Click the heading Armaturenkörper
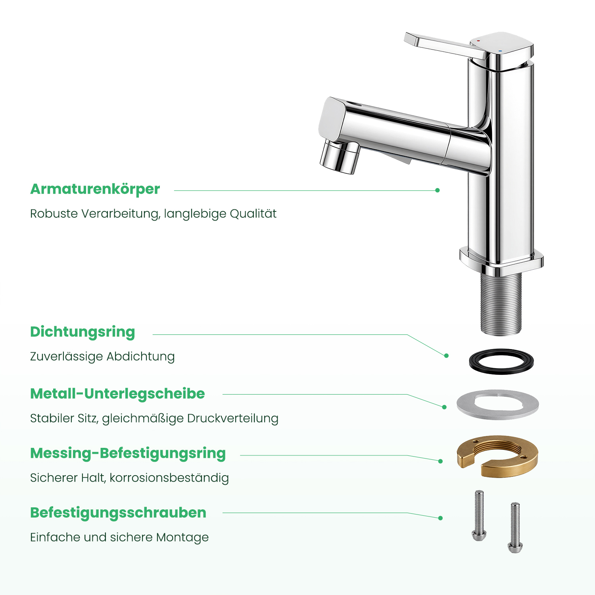click(x=95, y=189)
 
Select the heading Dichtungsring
click(x=83, y=332)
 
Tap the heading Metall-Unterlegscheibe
click(x=117, y=393)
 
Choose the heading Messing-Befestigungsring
click(x=128, y=453)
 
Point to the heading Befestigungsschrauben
click(x=118, y=513)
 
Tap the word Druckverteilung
click(x=233, y=418)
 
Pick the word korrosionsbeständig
click(x=169, y=478)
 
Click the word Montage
click(x=182, y=537)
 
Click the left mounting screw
click(x=479, y=516)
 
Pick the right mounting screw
click(x=515, y=528)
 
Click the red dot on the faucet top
click(x=478, y=41)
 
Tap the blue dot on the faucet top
click(x=500, y=51)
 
